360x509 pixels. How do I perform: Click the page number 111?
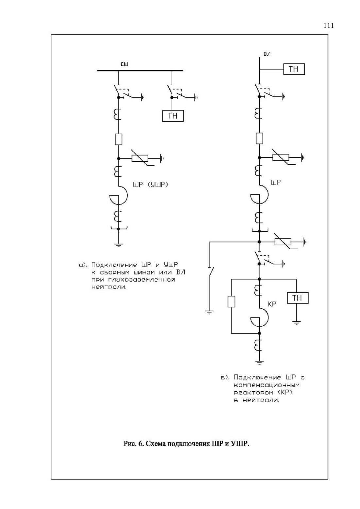(x=329, y=25)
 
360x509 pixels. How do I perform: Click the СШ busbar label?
(x=124, y=64)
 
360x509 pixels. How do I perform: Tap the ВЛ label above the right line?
(x=267, y=54)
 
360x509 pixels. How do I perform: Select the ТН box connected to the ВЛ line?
(x=294, y=69)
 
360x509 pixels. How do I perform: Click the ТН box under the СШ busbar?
(x=173, y=116)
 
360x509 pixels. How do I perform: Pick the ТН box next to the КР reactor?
(x=298, y=298)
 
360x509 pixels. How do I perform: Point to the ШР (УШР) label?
(x=150, y=185)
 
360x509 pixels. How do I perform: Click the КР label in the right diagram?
(x=272, y=304)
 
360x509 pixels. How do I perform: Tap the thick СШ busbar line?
(x=140, y=71)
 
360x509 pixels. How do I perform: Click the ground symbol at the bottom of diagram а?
(x=118, y=245)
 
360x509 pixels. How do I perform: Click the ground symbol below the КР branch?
(x=259, y=362)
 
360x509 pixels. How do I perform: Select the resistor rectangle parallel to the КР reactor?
(x=231, y=302)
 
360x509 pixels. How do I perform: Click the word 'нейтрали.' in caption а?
(x=109, y=287)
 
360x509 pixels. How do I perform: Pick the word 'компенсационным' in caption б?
(x=266, y=385)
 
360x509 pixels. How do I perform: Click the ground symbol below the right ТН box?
(x=296, y=322)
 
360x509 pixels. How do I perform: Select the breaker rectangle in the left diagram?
(x=118, y=139)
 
